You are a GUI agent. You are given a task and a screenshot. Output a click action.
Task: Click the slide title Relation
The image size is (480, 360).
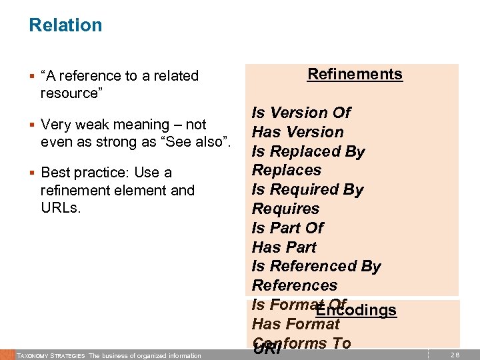[x=65, y=25]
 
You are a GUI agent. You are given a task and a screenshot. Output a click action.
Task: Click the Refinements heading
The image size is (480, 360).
[x=355, y=74]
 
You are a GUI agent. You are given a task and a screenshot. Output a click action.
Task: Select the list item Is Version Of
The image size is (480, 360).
[x=301, y=113]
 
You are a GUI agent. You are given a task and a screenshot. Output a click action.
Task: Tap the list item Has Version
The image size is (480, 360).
[x=297, y=133]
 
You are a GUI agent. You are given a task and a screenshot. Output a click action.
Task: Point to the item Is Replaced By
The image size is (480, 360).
[x=308, y=151]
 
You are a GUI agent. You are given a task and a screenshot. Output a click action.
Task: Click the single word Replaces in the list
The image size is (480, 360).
[x=286, y=171]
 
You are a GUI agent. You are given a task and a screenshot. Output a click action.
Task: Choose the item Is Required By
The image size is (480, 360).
[x=307, y=189]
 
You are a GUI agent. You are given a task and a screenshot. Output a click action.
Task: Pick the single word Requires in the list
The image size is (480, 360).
[x=285, y=209]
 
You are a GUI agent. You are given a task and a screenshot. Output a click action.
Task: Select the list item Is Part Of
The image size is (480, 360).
[x=287, y=228]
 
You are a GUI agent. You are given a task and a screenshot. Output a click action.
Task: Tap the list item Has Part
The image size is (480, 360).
[x=284, y=247]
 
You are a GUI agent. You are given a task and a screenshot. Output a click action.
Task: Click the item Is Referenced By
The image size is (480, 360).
[x=316, y=267]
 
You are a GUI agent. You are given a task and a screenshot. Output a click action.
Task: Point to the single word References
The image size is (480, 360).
[x=294, y=286]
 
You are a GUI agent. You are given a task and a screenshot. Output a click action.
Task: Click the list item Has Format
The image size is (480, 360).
[x=295, y=325]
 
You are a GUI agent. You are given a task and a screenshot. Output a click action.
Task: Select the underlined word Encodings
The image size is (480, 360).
[x=357, y=311]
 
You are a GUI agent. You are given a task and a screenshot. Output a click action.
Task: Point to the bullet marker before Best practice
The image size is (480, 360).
[x=31, y=173]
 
